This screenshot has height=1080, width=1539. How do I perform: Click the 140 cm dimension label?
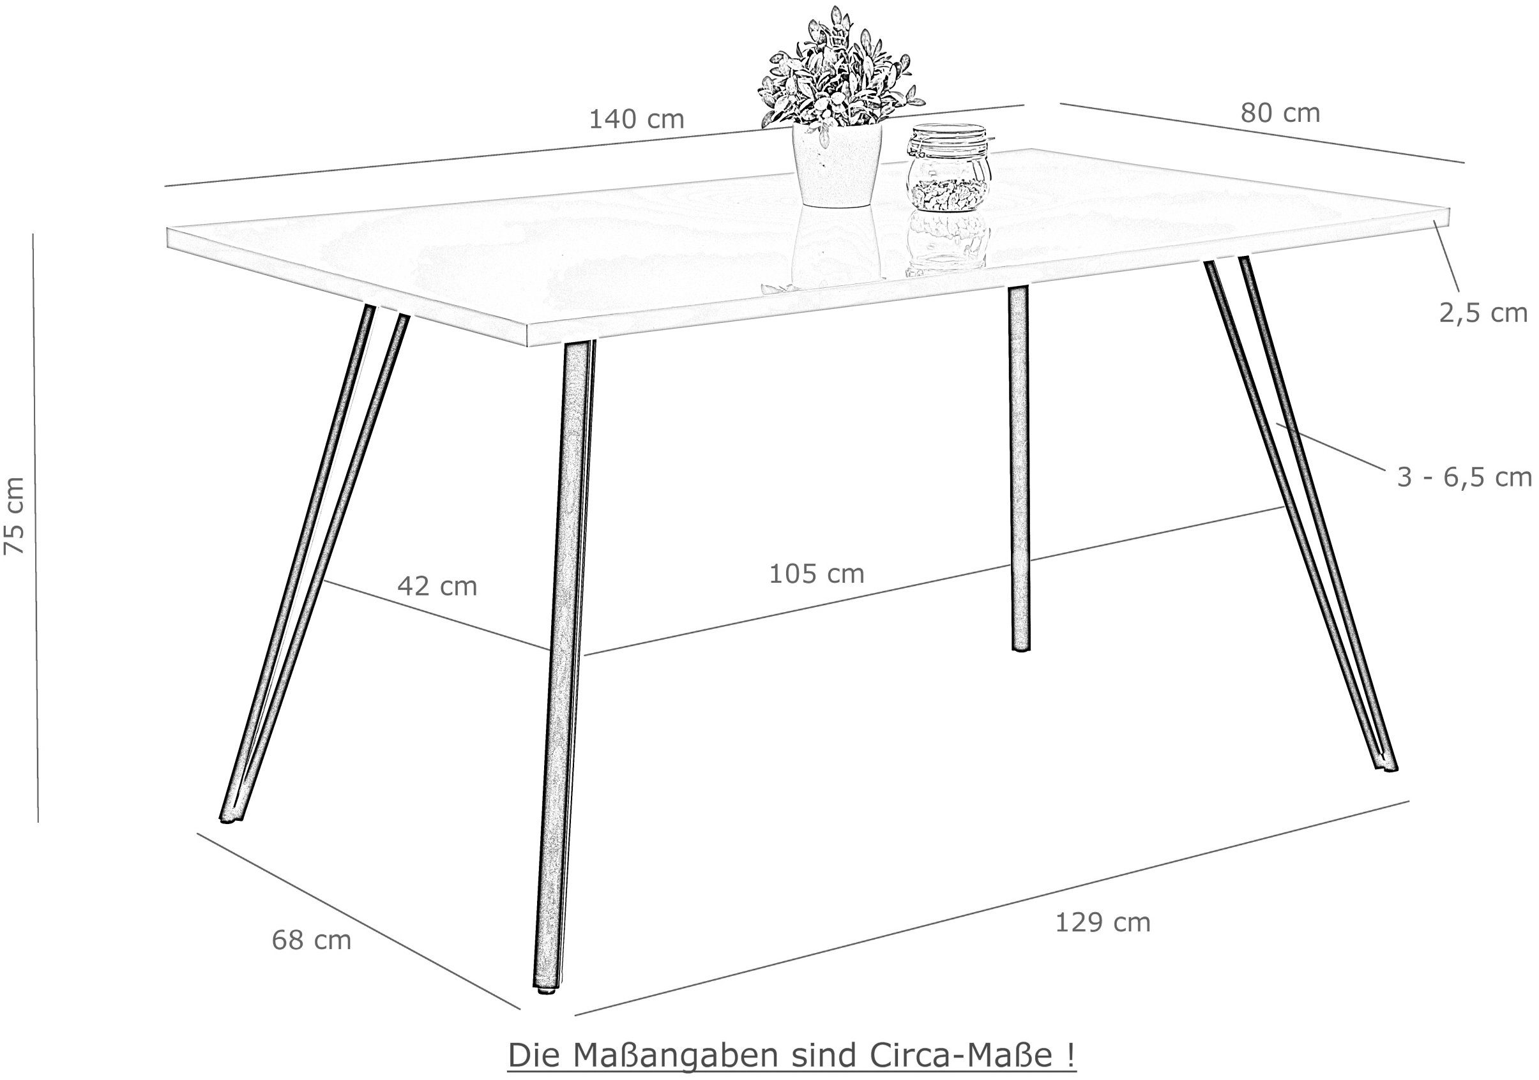pos(636,119)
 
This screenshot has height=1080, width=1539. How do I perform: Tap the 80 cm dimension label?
pos(1280,113)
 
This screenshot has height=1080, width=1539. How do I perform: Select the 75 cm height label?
pos(14,516)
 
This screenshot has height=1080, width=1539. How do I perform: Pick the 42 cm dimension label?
pos(437,586)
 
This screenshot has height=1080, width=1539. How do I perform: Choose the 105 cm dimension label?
pos(816,573)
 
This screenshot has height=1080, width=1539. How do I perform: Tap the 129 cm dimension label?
pos(1103,922)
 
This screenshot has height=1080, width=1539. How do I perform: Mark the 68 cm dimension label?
pos(312,940)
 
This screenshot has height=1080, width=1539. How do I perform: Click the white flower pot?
pos(837,164)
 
